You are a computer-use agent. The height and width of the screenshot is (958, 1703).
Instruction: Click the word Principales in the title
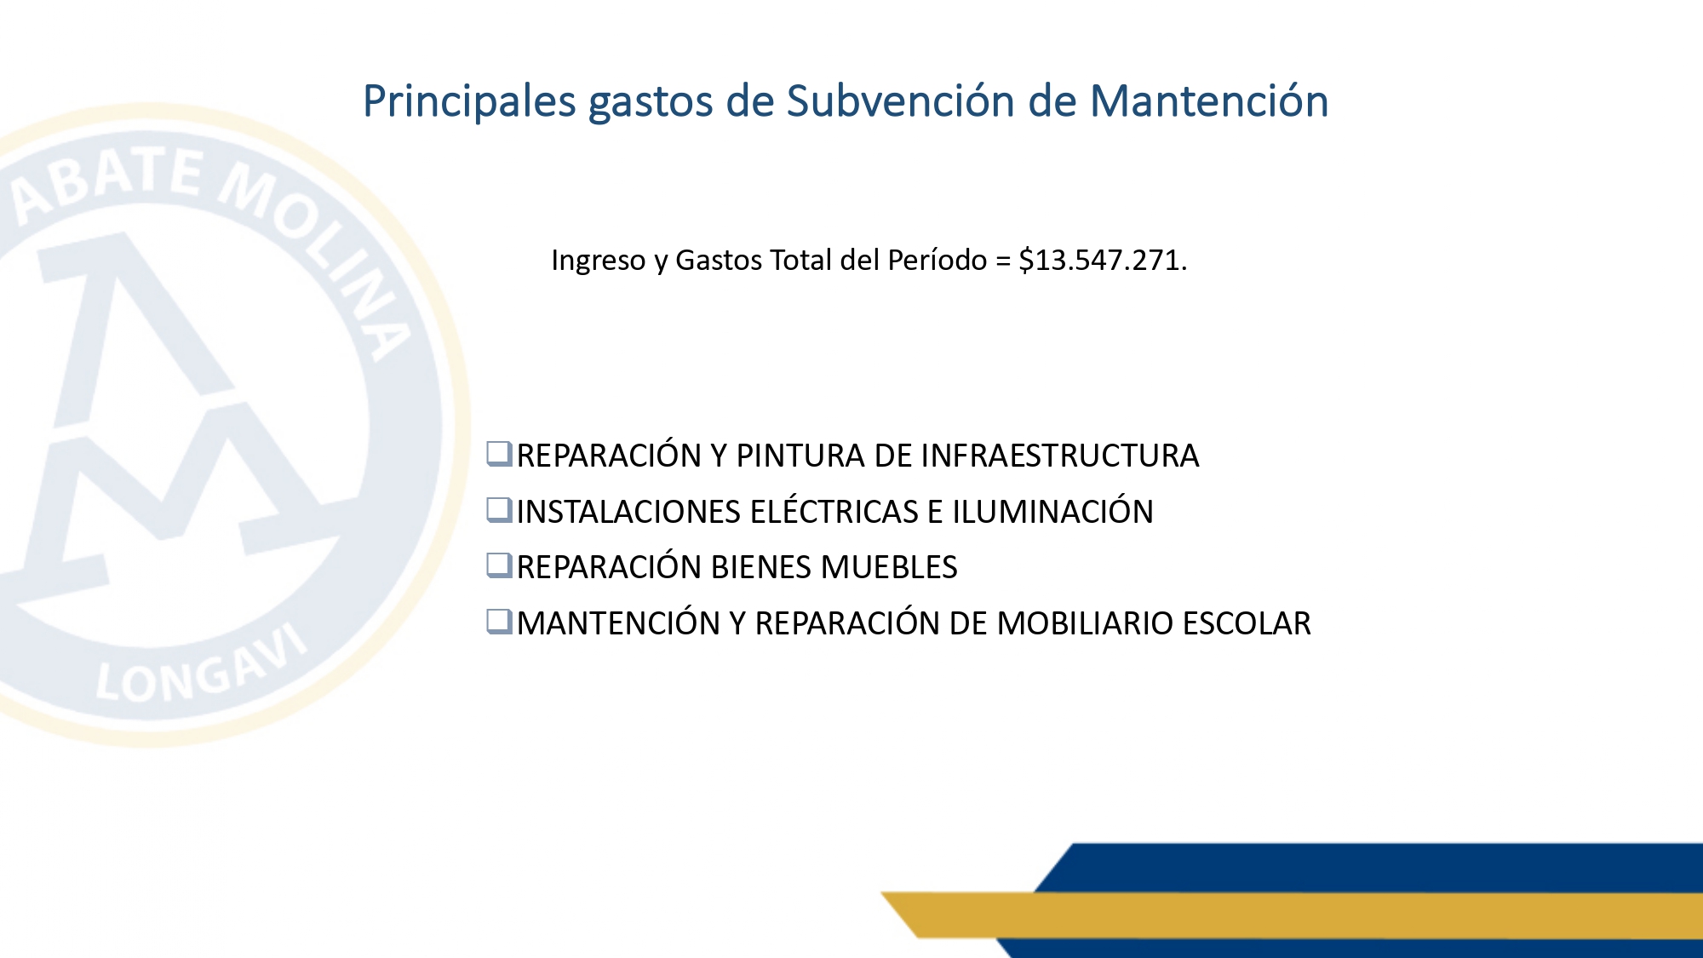click(x=470, y=102)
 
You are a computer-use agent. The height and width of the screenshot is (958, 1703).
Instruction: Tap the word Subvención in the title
click(x=901, y=100)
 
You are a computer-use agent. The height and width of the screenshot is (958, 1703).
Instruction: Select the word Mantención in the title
click(x=1209, y=100)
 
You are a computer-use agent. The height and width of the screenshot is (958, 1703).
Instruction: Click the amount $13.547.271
click(x=1103, y=260)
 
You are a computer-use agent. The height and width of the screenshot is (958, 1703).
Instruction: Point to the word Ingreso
click(x=599, y=261)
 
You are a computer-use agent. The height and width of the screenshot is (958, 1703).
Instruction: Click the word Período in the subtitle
click(x=937, y=260)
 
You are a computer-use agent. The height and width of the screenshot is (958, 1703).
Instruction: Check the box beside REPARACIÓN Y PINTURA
click(x=499, y=454)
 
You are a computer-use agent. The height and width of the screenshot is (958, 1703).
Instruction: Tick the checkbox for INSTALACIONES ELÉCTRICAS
click(x=499, y=510)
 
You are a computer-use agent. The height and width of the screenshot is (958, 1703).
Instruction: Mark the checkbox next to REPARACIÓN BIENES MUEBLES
click(x=499, y=565)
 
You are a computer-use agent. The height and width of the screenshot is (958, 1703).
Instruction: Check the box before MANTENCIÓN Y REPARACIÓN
click(x=499, y=622)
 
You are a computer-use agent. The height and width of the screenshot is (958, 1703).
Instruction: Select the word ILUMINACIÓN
click(x=1052, y=510)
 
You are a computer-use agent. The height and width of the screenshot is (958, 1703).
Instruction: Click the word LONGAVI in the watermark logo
click(x=201, y=668)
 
